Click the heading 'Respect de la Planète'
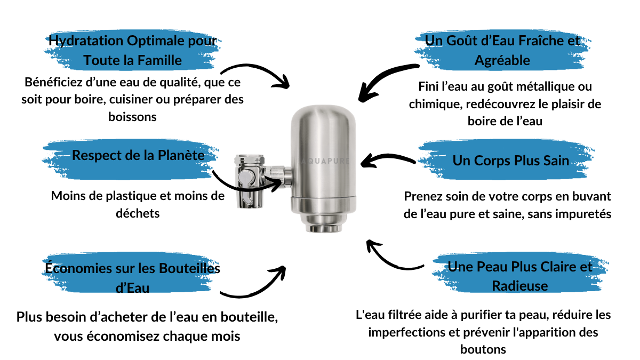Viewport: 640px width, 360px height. (138, 155)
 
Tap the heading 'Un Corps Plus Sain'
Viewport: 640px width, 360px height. (511, 161)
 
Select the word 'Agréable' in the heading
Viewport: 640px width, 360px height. (502, 61)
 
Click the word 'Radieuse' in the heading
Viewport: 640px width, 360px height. (519, 286)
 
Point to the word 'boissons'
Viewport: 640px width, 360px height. (132, 117)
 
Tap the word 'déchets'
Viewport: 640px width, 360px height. (138, 213)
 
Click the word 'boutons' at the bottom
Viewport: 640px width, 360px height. (483, 349)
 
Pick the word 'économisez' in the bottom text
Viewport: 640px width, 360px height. (123, 337)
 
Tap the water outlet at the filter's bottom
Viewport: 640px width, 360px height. (324, 229)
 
